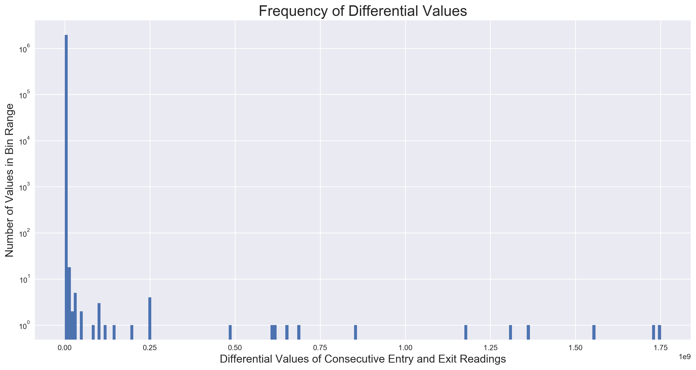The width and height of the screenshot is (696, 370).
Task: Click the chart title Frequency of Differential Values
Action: click(x=363, y=11)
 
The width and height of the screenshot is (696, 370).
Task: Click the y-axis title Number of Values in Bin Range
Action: click(x=10, y=180)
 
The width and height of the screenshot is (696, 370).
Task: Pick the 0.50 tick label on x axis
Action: click(x=235, y=348)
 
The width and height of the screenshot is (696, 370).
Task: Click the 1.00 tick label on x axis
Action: click(x=405, y=348)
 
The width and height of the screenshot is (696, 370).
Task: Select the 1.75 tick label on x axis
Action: click(x=661, y=348)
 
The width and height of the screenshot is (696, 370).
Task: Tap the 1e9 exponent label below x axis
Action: click(x=684, y=357)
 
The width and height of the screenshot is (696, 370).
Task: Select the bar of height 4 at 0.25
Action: click(x=150, y=319)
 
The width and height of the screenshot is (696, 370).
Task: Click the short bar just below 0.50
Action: click(x=230, y=332)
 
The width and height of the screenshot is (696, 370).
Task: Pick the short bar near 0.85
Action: click(x=356, y=332)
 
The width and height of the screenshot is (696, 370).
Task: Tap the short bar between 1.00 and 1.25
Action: click(x=466, y=332)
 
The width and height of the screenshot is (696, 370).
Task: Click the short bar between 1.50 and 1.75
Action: click(x=594, y=332)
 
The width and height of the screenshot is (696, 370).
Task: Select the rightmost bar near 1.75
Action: click(x=660, y=332)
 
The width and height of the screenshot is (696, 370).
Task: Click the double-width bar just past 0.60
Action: click(x=273, y=332)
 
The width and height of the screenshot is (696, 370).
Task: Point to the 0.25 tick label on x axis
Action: click(x=150, y=348)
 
